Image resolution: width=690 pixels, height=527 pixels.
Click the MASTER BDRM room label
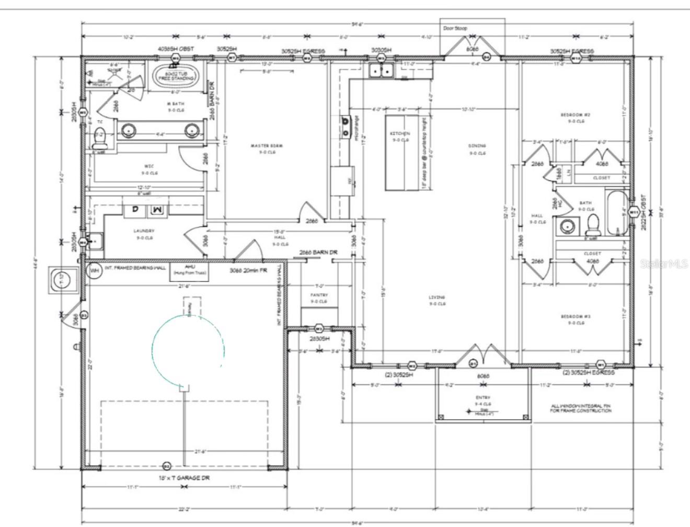267,145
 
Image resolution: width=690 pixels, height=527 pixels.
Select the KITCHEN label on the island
400,134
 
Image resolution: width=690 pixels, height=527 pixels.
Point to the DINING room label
477,146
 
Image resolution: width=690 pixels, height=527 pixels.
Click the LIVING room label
437,297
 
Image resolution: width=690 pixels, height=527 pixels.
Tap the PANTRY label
319,295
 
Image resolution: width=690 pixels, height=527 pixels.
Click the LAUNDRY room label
144,231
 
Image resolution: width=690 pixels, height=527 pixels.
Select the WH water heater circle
95,271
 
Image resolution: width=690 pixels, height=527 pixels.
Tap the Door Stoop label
455,28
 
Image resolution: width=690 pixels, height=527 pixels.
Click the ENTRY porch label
482,398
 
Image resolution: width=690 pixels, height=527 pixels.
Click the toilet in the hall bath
591,225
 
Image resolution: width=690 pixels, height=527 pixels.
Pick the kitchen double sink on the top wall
381,71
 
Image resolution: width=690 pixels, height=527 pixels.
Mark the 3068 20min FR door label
249,271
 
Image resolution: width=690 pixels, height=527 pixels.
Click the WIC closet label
149,166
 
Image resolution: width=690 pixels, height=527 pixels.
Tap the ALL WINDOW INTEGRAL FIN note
580,408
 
